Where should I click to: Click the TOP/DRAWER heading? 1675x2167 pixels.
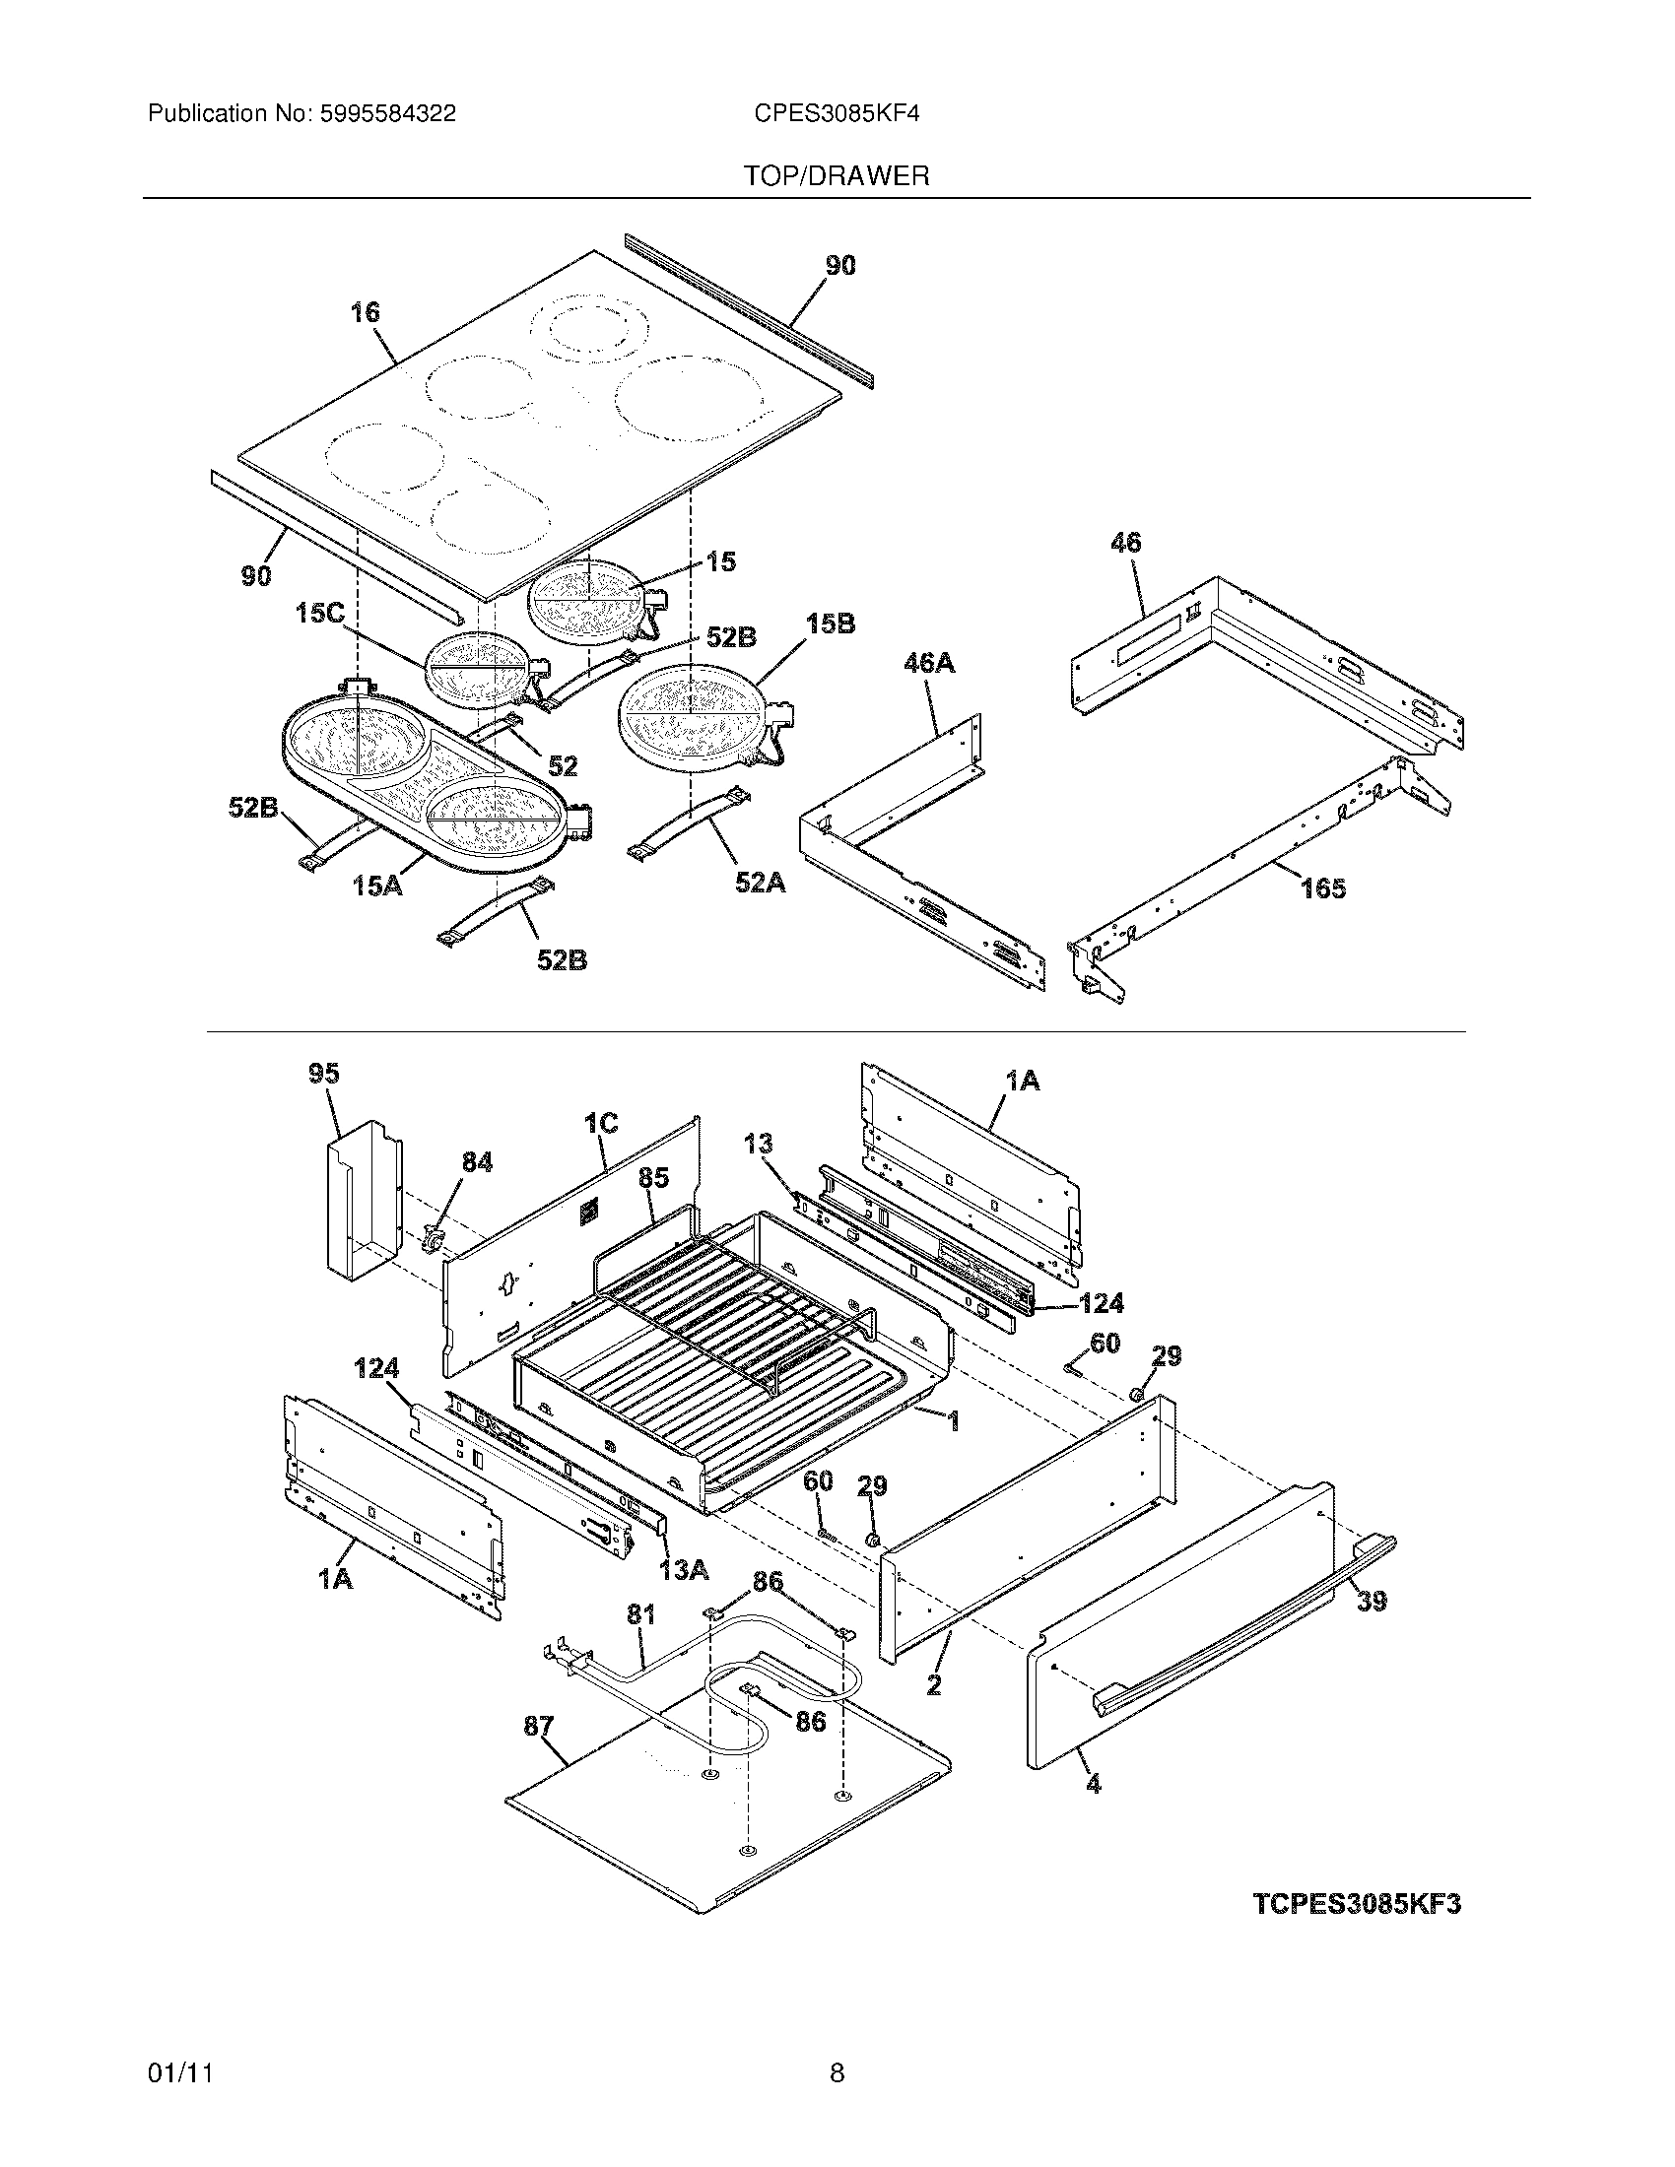837,176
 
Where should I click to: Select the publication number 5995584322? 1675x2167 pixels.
388,114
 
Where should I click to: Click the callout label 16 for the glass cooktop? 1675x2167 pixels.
365,312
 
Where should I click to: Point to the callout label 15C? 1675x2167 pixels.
319,614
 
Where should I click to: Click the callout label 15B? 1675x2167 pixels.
830,624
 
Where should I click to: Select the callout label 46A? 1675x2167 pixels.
928,663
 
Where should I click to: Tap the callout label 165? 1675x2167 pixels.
1322,888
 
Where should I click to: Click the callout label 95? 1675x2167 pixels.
323,1074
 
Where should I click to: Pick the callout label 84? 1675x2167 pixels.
476,1162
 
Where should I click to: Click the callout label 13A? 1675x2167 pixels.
684,1570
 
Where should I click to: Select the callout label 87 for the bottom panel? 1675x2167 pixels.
538,1727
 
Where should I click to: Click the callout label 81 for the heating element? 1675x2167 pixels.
640,1615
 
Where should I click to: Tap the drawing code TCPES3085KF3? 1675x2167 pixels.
1357,1904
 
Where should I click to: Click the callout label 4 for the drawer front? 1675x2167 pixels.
1093,1784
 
